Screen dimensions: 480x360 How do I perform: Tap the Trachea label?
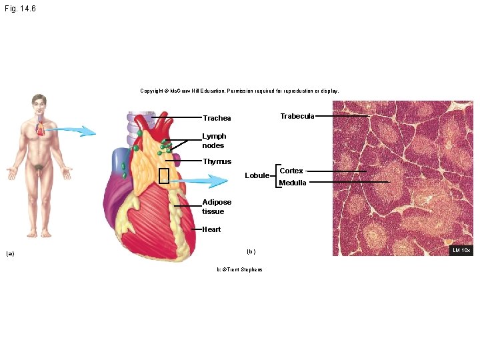pos(217,119)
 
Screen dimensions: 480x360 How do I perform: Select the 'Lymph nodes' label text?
pos(214,141)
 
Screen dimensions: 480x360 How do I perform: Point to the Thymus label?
pos(217,161)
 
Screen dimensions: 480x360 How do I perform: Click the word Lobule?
pos(257,176)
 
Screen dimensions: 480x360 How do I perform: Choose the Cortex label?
pos(291,171)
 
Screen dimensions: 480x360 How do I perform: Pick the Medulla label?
pos(293,183)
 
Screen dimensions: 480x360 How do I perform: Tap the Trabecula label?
pos(297,116)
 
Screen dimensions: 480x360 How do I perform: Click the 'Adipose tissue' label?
pos(217,207)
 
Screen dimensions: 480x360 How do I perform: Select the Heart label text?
pos(211,229)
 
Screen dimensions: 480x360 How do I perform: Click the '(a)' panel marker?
pos(10,253)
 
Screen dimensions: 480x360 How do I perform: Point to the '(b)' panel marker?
pos(251,251)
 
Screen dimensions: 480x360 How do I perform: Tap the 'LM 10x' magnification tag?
pos(461,250)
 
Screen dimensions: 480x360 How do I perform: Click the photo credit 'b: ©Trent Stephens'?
pos(239,269)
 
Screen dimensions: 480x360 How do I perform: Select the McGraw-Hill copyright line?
pos(239,91)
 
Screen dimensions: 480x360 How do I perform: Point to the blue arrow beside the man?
pos(75,131)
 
